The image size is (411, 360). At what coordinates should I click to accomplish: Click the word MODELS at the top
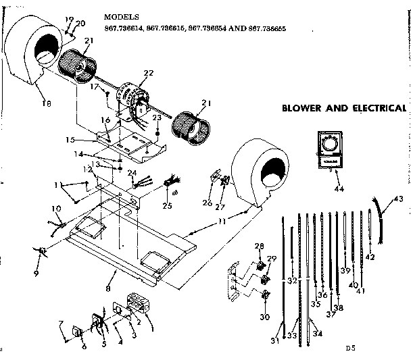[122, 16]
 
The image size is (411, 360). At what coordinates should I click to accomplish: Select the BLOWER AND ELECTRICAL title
[343, 108]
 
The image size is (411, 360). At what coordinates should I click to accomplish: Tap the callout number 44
[339, 188]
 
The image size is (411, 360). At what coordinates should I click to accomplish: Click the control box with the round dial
[331, 149]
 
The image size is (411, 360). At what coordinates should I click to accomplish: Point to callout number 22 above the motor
[149, 73]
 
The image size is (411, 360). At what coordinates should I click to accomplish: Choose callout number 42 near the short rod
[370, 257]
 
